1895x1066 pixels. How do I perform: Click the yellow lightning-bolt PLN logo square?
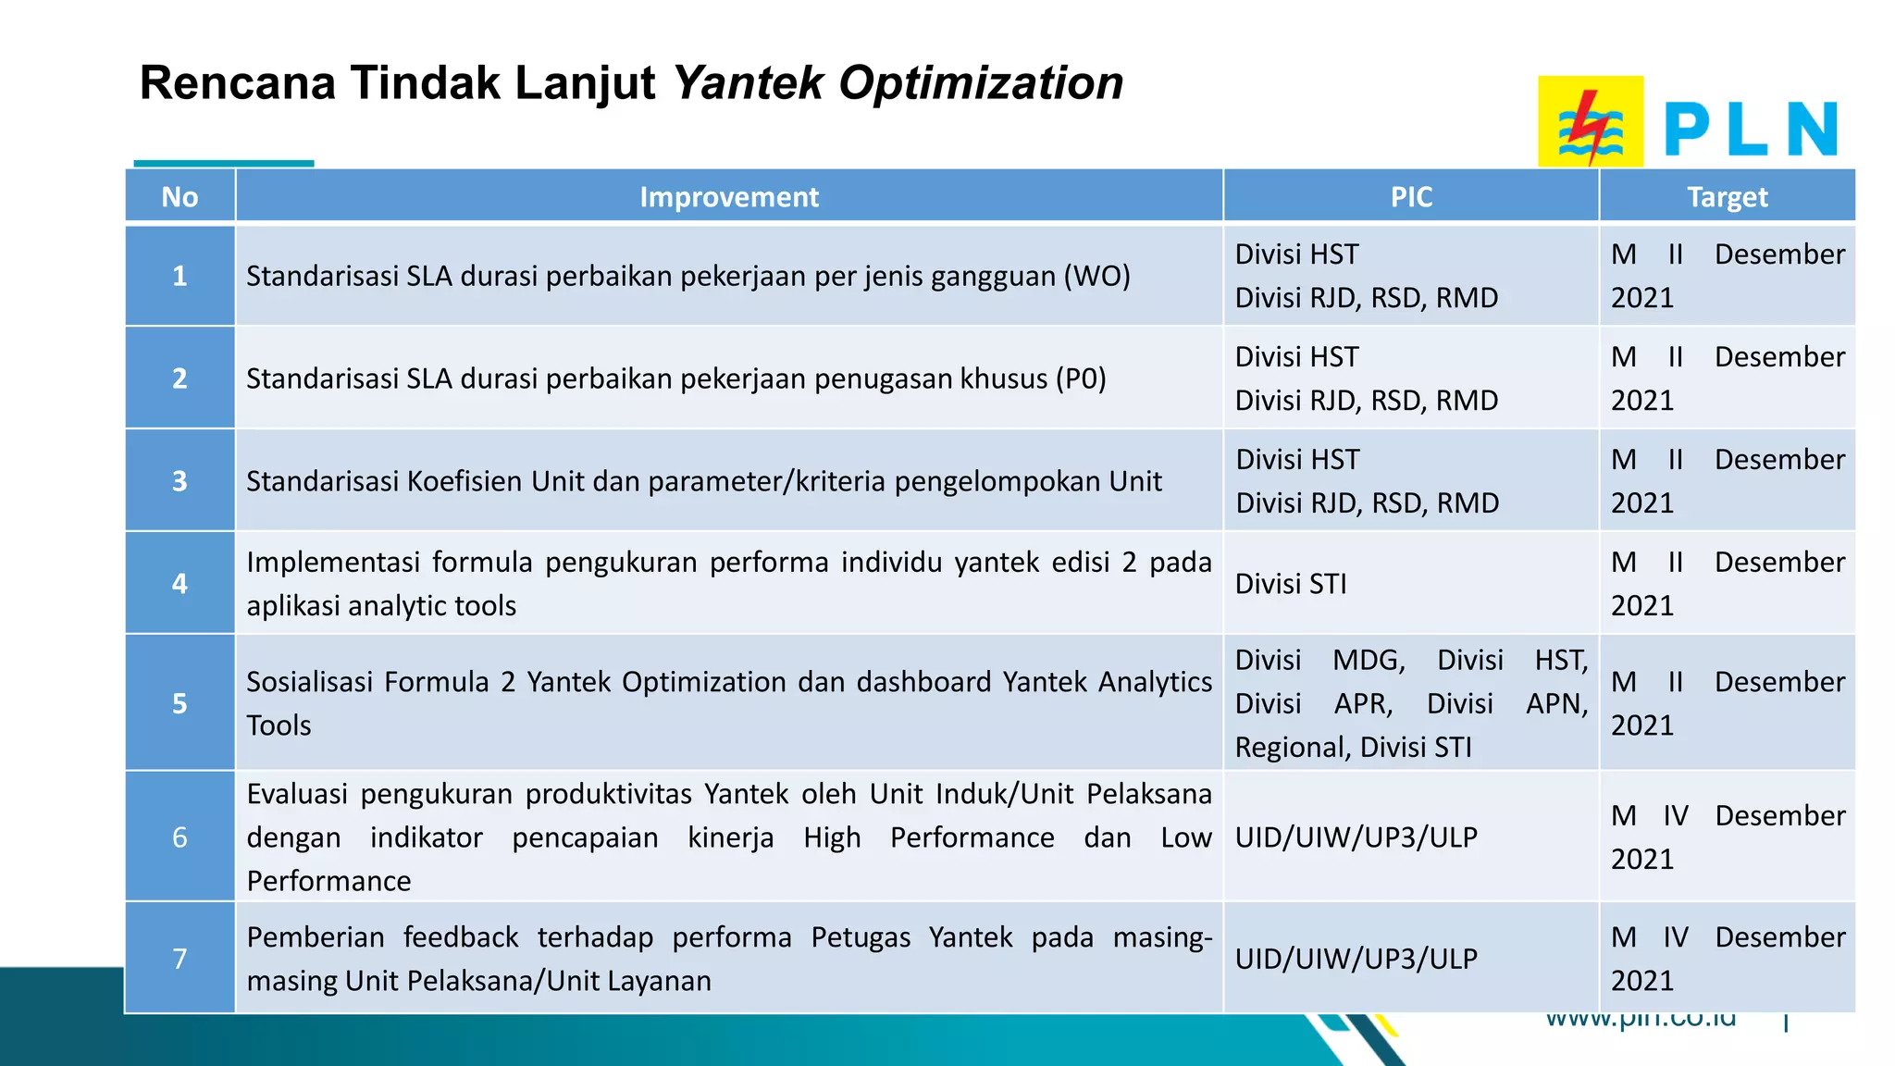pos(1590,121)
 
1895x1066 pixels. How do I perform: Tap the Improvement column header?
pos(729,197)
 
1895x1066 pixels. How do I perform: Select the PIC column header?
pos(1411,197)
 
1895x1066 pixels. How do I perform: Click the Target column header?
pos(1727,197)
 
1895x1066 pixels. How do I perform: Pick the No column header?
pos(180,197)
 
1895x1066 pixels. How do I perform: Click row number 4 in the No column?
pos(180,583)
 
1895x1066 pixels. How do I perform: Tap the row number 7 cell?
pos(180,959)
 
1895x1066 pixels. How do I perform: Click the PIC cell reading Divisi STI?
pos(1291,584)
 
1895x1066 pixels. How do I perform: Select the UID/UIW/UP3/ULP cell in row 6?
pos(1356,837)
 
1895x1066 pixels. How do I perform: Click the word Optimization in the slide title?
pos(981,83)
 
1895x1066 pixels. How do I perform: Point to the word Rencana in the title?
pos(237,83)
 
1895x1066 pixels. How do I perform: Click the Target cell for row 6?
pos(1727,837)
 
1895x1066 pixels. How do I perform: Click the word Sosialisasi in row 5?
pos(308,682)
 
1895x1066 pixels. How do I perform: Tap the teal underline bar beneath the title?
pos(224,164)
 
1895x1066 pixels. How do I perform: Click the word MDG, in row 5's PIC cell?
pos(1369,660)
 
